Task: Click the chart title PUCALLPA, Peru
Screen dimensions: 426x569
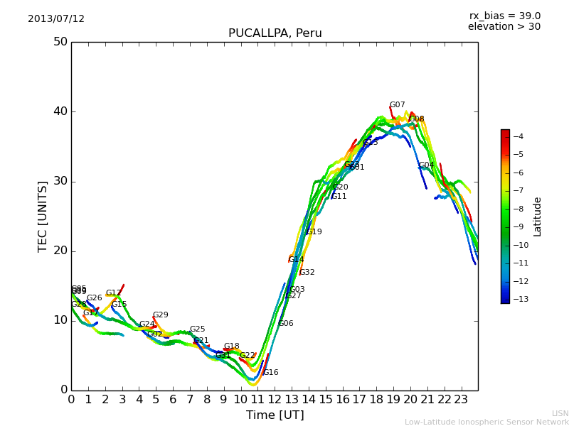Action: pos(275,33)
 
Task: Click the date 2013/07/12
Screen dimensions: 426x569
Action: pos(56,19)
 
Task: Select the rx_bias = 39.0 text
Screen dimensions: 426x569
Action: pos(504,16)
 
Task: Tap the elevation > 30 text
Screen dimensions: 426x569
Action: pos(504,27)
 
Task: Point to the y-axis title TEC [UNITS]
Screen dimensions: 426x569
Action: pos(43,216)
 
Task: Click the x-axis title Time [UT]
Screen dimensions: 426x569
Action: pos(275,415)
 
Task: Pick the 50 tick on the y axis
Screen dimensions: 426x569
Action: pos(60,42)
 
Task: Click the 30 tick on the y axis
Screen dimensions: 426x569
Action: pos(60,181)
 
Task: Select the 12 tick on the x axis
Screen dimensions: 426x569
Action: pos(275,400)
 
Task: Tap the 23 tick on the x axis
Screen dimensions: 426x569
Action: pos(461,400)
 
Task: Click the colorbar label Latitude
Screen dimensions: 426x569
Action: pos(538,217)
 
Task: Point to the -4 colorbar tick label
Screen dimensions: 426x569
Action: pos(518,136)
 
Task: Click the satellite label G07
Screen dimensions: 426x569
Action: pos(397,105)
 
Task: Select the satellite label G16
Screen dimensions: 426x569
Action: pos(270,373)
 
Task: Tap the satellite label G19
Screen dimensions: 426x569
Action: pos(314,232)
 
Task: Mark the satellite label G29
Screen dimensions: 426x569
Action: pos(161,315)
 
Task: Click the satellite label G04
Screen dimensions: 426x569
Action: pos(426,165)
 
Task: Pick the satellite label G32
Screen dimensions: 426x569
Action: pos(307,273)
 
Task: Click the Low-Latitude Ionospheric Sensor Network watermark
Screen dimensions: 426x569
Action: pos(486,422)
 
